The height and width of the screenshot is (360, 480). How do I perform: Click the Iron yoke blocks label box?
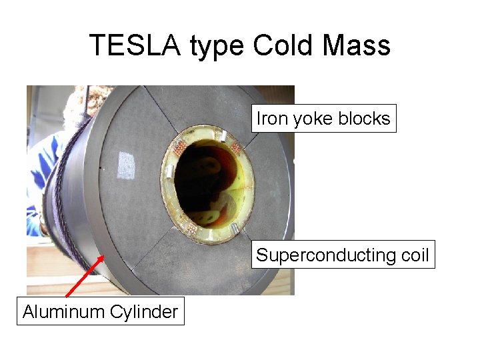tap(323, 119)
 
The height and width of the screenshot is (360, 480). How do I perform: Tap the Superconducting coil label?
tap(343, 255)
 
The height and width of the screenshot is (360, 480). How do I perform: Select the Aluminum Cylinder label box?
tap(100, 311)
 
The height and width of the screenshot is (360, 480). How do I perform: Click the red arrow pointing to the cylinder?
tap(85, 275)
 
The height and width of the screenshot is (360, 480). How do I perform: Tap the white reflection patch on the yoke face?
tap(126, 165)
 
